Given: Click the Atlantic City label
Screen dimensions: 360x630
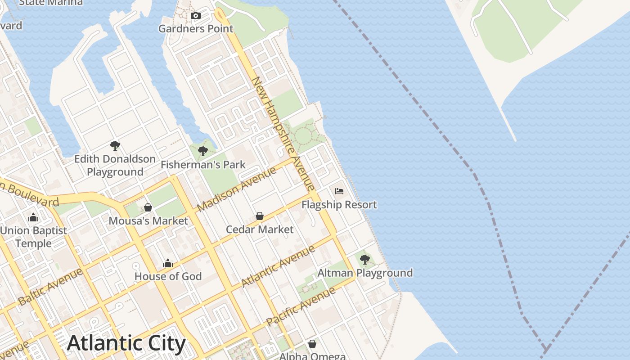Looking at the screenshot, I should (126, 344).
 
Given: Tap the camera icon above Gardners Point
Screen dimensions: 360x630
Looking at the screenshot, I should (195, 16).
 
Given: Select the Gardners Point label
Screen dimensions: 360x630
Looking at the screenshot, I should (196, 29).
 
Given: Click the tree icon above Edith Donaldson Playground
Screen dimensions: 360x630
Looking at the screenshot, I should (115, 146).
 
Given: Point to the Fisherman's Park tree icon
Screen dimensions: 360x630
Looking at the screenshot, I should (203, 151).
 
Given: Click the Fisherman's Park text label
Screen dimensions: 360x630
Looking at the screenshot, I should (203, 165).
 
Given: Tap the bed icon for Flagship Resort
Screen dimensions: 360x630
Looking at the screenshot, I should (339, 191).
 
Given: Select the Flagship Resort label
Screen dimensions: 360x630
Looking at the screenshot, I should (339, 205).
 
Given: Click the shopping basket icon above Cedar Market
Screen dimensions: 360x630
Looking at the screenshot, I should (260, 216).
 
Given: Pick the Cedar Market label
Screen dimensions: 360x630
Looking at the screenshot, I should (260, 229).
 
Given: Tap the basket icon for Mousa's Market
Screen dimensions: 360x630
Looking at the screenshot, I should (148, 207).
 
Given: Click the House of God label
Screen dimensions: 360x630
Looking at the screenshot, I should (168, 276).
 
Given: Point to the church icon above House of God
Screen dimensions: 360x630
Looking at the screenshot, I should (168, 263).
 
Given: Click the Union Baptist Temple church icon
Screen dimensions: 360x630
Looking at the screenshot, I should (33, 218).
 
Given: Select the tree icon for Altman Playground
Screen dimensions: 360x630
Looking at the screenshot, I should (365, 260).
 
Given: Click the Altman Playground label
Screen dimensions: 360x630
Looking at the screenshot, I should (365, 273).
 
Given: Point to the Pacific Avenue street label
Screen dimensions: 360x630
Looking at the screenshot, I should (301, 306).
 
